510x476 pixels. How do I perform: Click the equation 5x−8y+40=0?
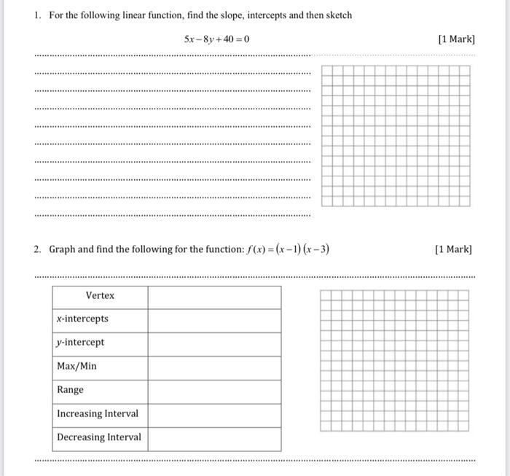pyautogui.click(x=216, y=39)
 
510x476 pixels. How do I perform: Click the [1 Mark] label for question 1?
pyautogui.click(x=457, y=39)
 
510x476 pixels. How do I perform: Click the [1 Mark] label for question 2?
pyautogui.click(x=453, y=249)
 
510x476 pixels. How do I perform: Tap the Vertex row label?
pyautogui.click(x=100, y=295)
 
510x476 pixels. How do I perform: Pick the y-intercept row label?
pyautogui.click(x=80, y=342)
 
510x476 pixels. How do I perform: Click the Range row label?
pyautogui.click(x=70, y=389)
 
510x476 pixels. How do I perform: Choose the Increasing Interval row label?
pyautogui.click(x=97, y=413)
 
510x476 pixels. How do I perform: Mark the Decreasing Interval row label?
pyautogui.click(x=99, y=437)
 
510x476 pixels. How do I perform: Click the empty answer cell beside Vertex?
pyautogui.click(x=214, y=296)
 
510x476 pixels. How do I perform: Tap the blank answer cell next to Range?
pyautogui.click(x=214, y=390)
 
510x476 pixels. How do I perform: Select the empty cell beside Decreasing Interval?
pyautogui.click(x=214, y=438)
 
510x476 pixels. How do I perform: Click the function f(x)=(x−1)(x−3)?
pyautogui.click(x=278, y=249)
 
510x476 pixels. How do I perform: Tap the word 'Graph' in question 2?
pyautogui.click(x=62, y=249)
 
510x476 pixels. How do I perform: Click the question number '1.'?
pyautogui.click(x=37, y=15)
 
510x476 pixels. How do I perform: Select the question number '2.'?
pyautogui.click(x=37, y=249)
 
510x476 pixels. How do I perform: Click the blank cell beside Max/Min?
pyautogui.click(x=214, y=367)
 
